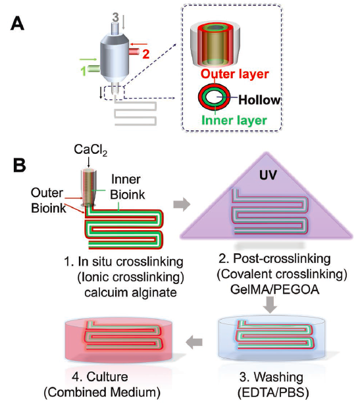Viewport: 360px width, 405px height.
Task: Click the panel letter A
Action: click(x=17, y=24)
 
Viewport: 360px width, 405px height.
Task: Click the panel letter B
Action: click(x=19, y=164)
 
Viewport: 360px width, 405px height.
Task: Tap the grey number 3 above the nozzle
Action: click(x=115, y=17)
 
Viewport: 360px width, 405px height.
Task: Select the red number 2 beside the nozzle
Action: click(x=146, y=54)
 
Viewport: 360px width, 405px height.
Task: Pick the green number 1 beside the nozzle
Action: click(x=84, y=71)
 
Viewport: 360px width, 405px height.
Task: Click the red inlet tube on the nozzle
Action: click(x=134, y=51)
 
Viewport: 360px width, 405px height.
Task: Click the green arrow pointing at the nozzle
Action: click(x=88, y=60)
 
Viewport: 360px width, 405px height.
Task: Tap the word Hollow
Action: click(x=259, y=100)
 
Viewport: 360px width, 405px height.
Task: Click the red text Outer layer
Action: click(x=235, y=74)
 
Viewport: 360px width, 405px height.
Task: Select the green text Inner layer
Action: click(x=234, y=120)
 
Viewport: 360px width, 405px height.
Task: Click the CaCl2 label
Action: click(x=91, y=150)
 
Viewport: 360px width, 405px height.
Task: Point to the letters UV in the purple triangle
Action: click(x=268, y=175)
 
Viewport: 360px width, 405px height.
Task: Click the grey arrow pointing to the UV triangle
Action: click(x=182, y=204)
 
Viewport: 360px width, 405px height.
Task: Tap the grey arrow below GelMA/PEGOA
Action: click(x=270, y=305)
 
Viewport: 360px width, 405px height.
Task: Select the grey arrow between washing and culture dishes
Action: click(x=194, y=342)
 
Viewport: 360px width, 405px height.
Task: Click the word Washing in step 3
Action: click(x=278, y=377)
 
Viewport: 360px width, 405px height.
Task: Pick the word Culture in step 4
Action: click(x=107, y=377)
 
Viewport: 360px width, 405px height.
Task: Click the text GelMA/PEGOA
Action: click(x=274, y=289)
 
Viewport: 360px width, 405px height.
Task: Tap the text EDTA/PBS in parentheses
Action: click(x=273, y=393)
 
